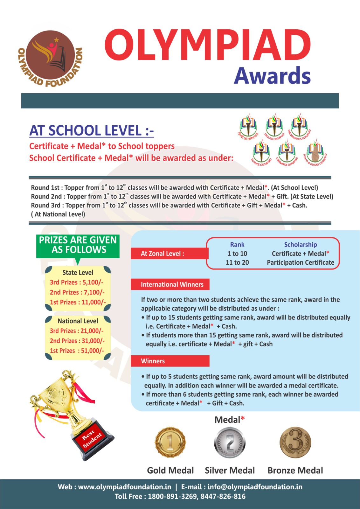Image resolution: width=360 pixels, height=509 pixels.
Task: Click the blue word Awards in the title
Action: tap(272, 76)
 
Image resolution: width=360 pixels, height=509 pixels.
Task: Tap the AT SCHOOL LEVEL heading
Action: tap(92, 131)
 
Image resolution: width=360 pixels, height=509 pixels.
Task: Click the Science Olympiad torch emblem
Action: tap(261, 152)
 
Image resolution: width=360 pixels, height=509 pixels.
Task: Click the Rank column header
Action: tap(237, 245)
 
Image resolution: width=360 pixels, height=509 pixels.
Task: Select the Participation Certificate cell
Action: tap(301, 262)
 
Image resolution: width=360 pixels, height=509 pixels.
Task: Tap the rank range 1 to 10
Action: tap(237, 254)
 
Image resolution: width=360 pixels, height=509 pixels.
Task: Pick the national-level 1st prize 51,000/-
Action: tap(77, 351)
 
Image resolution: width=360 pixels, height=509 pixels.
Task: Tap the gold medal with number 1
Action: tap(170, 443)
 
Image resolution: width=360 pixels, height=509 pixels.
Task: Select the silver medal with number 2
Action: tap(230, 443)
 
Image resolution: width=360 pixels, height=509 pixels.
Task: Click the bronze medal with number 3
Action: tap(295, 443)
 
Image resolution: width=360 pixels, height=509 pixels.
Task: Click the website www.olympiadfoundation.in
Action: tap(124, 487)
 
